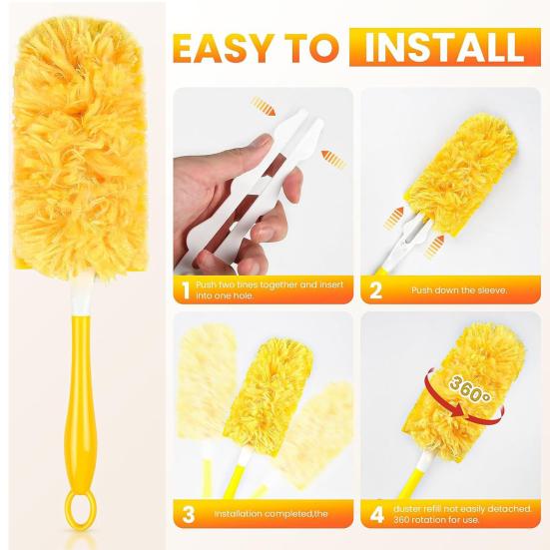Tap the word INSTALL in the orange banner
point(443,47)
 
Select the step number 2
point(376,290)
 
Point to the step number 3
point(186,515)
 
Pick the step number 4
point(376,515)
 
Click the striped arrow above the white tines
point(264,104)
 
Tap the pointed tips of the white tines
point(305,128)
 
